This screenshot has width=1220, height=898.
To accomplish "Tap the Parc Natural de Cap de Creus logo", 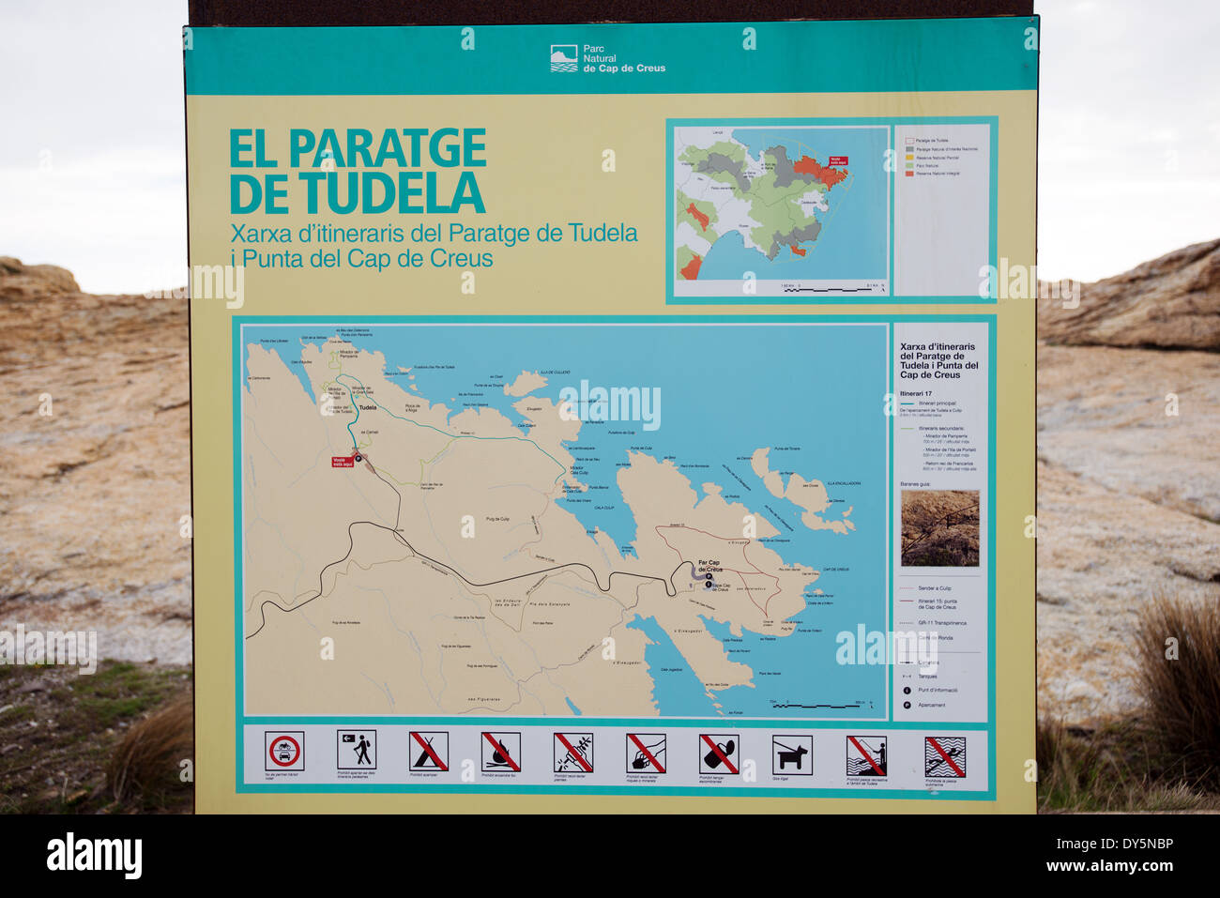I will (x=564, y=58).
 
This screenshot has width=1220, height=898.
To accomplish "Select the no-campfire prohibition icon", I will (x=501, y=752).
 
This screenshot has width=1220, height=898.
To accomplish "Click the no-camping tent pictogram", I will (x=429, y=751).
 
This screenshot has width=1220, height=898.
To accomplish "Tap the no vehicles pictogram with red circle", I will (x=283, y=751).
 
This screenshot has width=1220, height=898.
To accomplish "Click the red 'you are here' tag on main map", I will (x=343, y=462).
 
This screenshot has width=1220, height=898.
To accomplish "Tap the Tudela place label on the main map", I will (x=368, y=408).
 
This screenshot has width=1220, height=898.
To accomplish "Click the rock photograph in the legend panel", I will (x=939, y=528).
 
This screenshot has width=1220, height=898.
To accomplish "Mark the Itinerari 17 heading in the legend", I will (x=916, y=393).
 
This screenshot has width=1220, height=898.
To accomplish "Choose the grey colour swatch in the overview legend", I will (x=909, y=148).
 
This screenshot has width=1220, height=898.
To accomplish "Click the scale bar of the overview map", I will (x=832, y=289).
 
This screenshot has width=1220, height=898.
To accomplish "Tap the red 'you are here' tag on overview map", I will (x=837, y=160).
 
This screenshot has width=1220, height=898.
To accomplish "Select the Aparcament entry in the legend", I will (x=931, y=705).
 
